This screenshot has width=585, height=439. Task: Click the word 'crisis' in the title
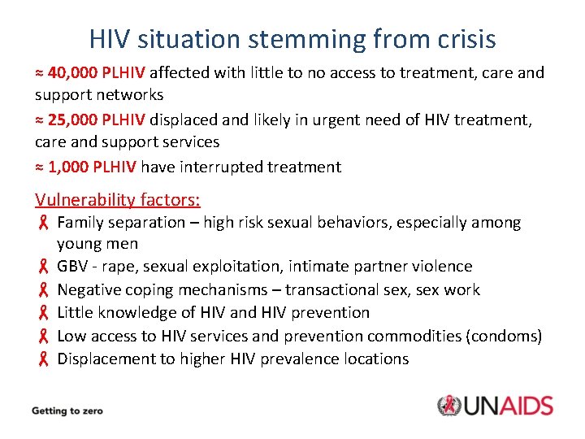pos(460,38)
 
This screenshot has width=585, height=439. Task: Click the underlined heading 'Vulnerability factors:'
pos(118,199)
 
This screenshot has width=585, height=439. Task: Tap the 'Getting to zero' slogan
pos(67,411)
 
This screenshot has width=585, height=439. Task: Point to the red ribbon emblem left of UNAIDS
pos(449,406)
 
